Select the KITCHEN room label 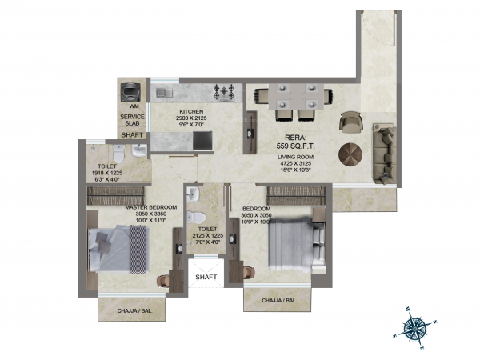191,112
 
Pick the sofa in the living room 384,151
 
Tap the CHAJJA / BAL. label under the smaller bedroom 280,302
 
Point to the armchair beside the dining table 350,121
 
